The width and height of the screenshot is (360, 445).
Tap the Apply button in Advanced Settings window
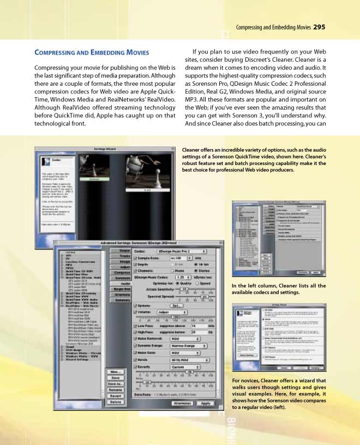[x=205, y=403]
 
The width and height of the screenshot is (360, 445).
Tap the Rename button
[x=115, y=390]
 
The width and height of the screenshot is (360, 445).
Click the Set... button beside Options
[x=176, y=305]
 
